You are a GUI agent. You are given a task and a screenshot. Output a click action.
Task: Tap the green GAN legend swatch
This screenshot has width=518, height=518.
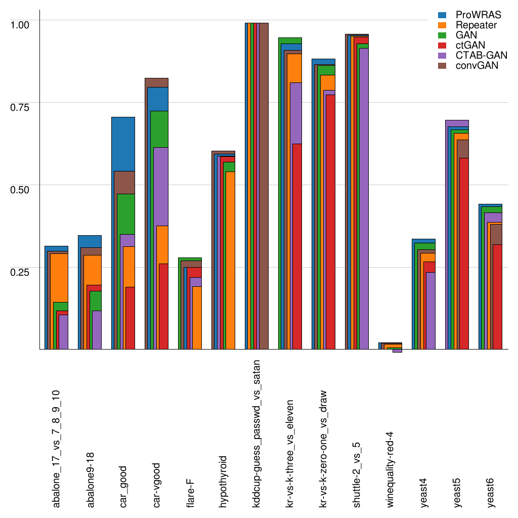tap(442, 35)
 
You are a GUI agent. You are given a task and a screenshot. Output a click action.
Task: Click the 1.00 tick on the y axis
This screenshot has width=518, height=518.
tap(21, 24)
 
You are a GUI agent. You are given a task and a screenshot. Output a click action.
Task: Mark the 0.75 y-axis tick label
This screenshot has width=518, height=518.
tap(21, 106)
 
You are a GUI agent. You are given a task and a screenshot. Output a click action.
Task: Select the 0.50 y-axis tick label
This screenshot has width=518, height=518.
tap(21, 189)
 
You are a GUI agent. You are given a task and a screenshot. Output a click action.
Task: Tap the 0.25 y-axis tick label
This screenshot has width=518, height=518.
tap(21, 271)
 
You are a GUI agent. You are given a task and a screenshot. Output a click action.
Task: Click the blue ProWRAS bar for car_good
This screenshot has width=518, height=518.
tap(123, 144)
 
